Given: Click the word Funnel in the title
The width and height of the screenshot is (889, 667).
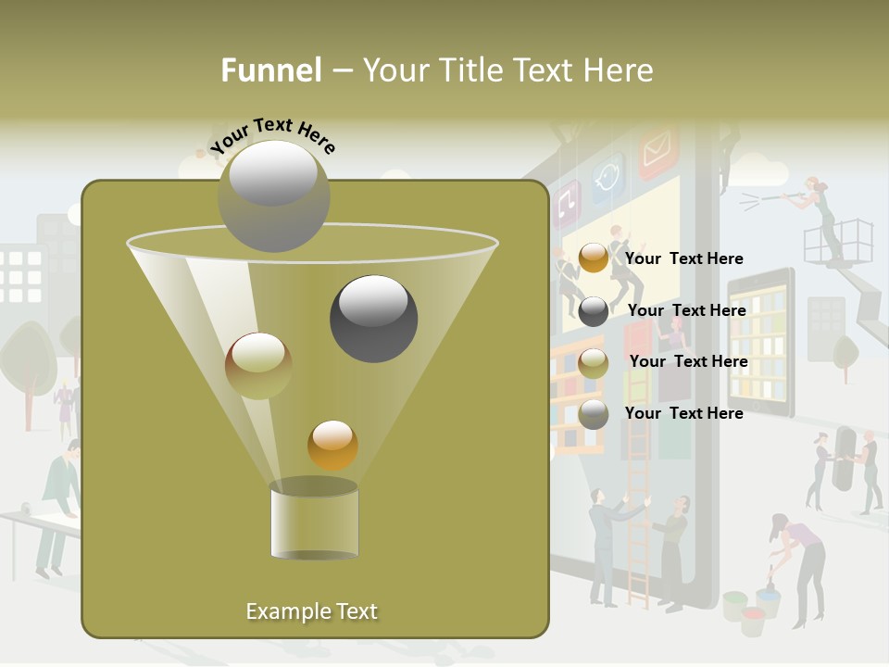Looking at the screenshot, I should [x=270, y=70].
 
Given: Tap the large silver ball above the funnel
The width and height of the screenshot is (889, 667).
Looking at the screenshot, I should [x=273, y=195].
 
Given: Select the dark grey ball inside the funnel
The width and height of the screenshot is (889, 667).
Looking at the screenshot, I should [x=373, y=318].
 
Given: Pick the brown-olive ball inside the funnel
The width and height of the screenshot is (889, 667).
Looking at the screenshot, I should [x=258, y=365].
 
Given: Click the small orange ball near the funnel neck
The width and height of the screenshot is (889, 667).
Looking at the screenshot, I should [x=332, y=445].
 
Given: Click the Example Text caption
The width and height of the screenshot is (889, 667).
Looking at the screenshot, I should [x=311, y=611].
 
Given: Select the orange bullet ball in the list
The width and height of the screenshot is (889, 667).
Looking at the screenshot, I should [x=594, y=258].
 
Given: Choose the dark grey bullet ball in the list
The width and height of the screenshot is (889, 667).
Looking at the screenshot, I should [x=594, y=311].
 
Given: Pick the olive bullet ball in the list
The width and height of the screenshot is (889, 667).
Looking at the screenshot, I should [x=594, y=363].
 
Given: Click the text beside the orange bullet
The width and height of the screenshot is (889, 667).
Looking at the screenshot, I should [x=684, y=258].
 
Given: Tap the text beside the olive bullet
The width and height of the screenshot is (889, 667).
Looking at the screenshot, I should [x=688, y=361].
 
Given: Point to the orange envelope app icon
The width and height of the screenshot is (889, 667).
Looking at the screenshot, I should [x=658, y=150].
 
